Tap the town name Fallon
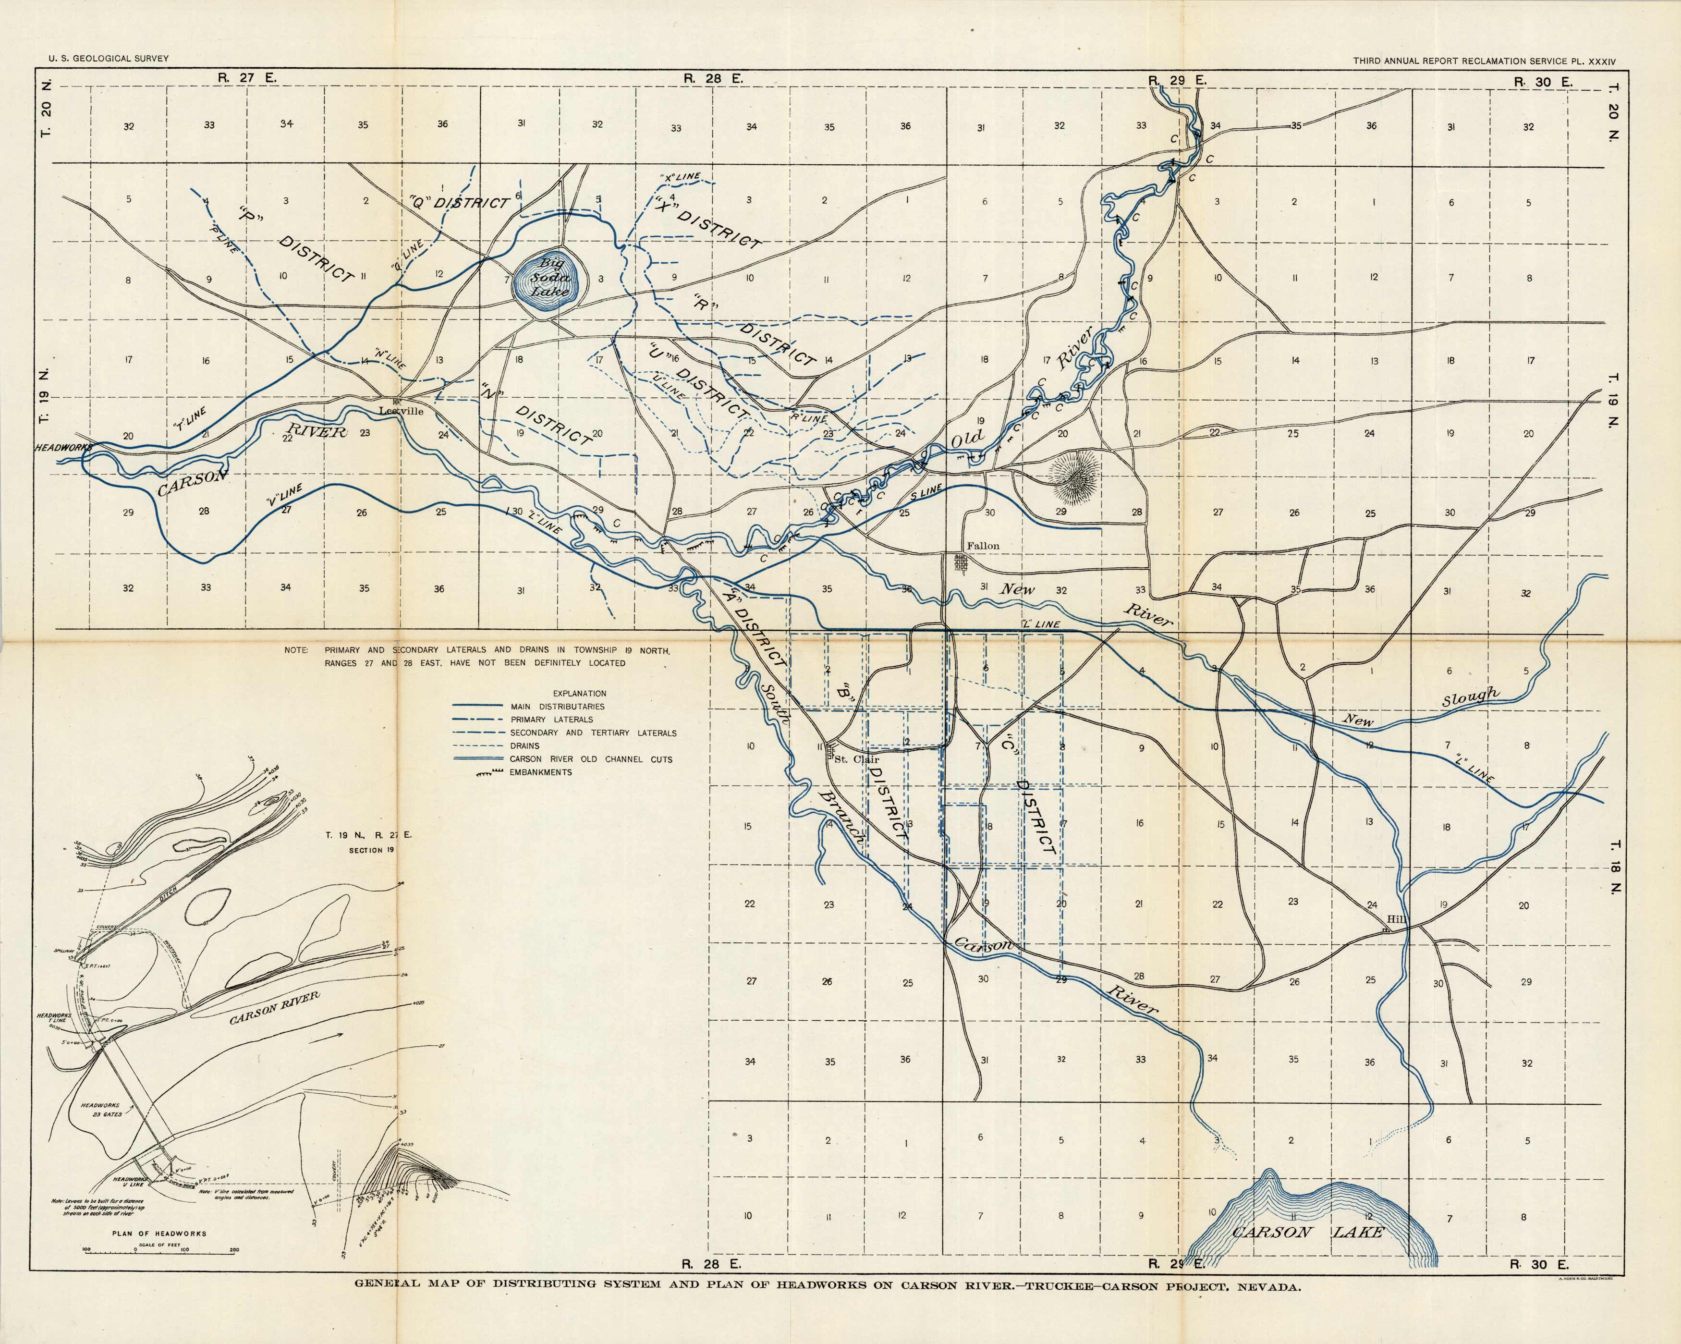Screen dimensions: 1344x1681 [982, 546]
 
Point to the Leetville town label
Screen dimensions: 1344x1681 [401, 411]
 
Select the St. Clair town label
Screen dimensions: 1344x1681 [856, 758]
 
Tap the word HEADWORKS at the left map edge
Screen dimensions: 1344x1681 [62, 448]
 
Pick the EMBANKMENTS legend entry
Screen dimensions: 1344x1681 [540, 772]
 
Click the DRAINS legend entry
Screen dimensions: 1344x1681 [525, 746]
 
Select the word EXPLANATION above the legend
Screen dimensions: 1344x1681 [579, 693]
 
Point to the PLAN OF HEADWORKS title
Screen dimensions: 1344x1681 [159, 1234]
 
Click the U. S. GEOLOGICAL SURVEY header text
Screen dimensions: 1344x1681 [109, 59]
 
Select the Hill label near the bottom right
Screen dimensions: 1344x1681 [1396, 919]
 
